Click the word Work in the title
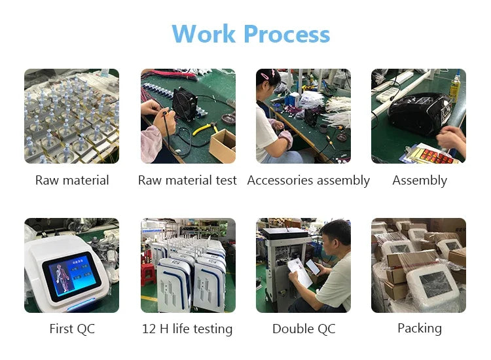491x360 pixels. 204,33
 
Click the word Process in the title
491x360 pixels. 287,33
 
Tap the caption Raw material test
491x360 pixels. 187,180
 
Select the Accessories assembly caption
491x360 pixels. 308,181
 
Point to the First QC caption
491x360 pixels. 72,329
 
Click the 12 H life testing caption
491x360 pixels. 187,329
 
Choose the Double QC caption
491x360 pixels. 304,329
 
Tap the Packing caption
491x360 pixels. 420,329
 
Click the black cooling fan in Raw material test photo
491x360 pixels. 185,103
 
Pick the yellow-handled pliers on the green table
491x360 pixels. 206,128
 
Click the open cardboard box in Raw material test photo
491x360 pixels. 223,145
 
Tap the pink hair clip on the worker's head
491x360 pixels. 266,75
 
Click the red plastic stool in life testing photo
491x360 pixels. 149,274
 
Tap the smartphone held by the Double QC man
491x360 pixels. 313,266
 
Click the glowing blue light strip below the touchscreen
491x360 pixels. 81,304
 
